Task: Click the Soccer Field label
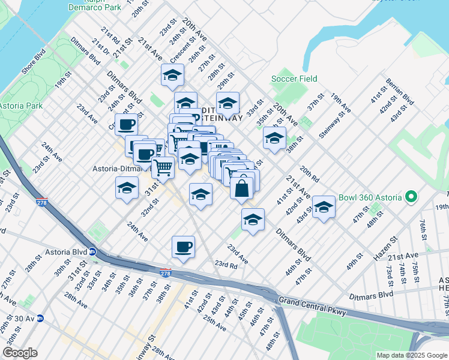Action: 294,79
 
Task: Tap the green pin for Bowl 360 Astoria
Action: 411,196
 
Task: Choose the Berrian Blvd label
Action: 402,91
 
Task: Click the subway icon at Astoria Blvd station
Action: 93,252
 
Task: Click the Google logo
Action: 20,353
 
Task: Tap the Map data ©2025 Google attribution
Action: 411,355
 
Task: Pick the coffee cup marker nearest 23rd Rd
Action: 183,247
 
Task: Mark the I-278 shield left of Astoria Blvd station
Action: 41,203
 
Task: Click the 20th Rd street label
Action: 310,173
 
